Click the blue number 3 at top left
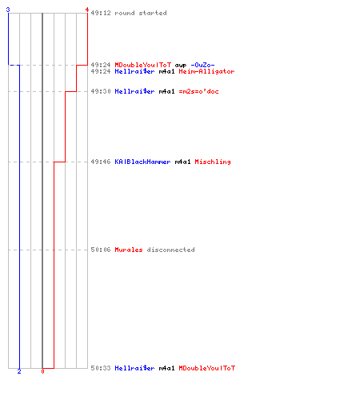tap(8, 10)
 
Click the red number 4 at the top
tap(87, 10)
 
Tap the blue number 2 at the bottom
tap(19, 371)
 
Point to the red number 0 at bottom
tap(42, 371)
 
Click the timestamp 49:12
tap(101, 13)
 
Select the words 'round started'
tap(141, 13)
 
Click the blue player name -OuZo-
tap(202, 65)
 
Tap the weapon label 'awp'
tap(181, 66)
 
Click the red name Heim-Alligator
tap(206, 71)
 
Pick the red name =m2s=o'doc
tap(198, 91)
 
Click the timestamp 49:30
tap(101, 91)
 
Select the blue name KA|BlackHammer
tap(142, 162)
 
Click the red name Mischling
tap(213, 162)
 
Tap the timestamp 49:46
tap(101, 162)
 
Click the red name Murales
tap(129, 250)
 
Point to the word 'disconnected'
tap(170, 250)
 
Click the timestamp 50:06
tap(101, 250)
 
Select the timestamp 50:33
tap(101, 368)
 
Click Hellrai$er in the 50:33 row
tap(134, 368)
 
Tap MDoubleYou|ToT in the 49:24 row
tap(143, 65)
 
